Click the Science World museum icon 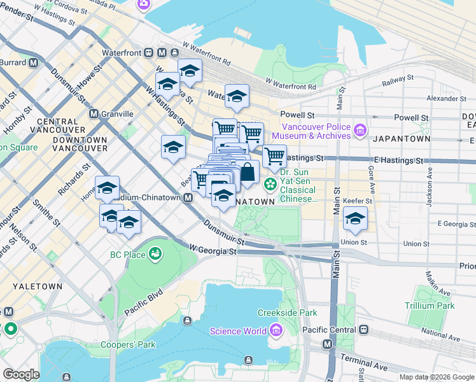(x=276, y=330)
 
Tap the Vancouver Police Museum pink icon (x=360, y=131)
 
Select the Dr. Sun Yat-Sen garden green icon (x=270, y=185)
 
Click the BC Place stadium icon (x=154, y=255)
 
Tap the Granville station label (x=117, y=114)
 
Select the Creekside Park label (x=287, y=313)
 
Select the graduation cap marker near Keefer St (x=354, y=219)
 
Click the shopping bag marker (x=247, y=172)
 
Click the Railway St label (x=398, y=81)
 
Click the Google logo (x=22, y=374)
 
